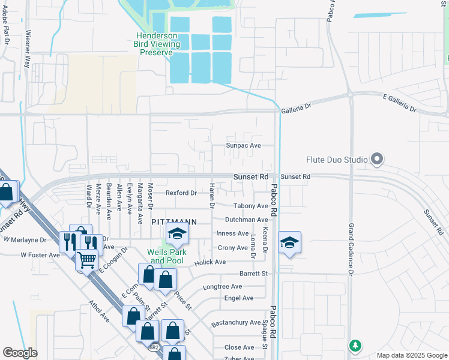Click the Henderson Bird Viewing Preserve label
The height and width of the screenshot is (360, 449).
pyautogui.click(x=157, y=44)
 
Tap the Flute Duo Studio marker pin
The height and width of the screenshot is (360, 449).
pyautogui.click(x=377, y=160)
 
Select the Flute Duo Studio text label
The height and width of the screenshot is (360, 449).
pyautogui.click(x=337, y=160)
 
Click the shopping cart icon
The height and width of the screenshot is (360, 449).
pyautogui.click(x=87, y=260)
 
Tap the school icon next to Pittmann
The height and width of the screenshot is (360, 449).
pyautogui.click(x=177, y=235)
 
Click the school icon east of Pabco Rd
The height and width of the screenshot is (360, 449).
pyautogui.click(x=289, y=242)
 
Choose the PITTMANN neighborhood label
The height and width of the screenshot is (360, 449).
pyautogui.click(x=174, y=221)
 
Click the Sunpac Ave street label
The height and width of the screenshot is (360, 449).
pyautogui.click(x=243, y=146)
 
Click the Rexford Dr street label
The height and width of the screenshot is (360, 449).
pyautogui.click(x=181, y=193)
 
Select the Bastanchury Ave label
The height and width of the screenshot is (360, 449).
pyautogui.click(x=236, y=323)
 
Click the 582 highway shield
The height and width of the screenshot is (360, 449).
pyautogui.click(x=155, y=347)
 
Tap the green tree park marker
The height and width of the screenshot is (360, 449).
pyautogui.click(x=355, y=346)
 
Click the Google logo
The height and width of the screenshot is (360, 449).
pyautogui.click(x=20, y=353)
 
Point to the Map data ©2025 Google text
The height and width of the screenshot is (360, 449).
pyautogui.click(x=411, y=355)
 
